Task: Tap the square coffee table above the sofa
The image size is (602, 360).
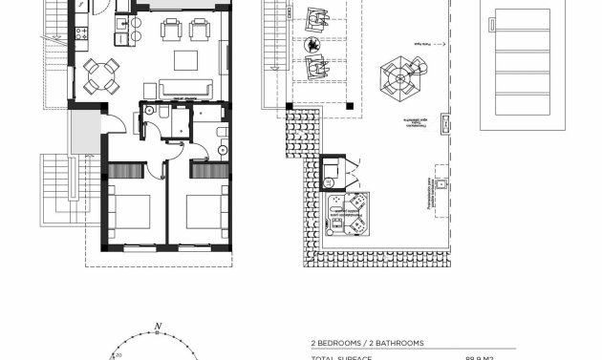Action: point(185,61)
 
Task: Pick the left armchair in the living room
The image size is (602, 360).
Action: point(171,30)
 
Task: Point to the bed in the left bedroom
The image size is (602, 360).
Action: point(130,209)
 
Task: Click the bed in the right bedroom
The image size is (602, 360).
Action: point(205,209)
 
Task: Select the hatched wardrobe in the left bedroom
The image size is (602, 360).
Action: point(126,170)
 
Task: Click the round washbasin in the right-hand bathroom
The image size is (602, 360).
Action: point(223,149)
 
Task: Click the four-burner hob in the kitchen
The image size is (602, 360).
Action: point(80,32)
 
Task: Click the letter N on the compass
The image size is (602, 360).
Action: point(157,328)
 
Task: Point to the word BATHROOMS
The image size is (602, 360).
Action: point(401,343)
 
